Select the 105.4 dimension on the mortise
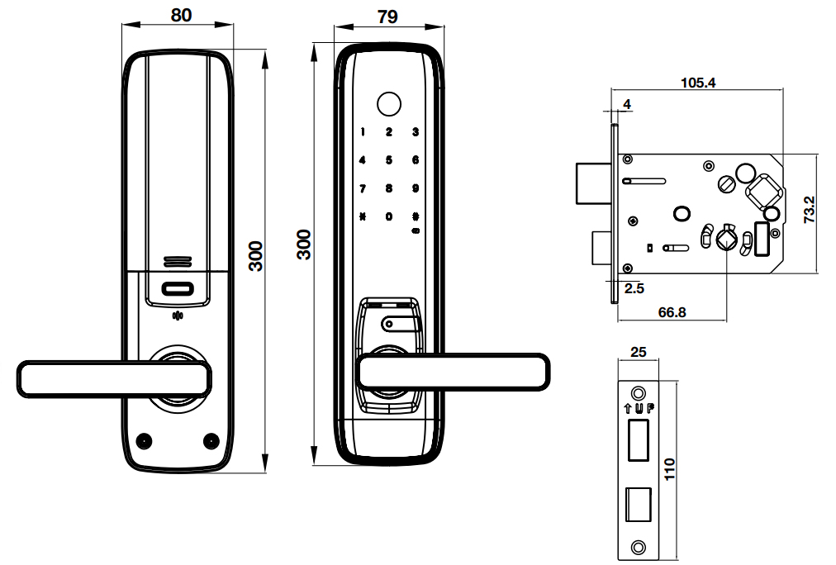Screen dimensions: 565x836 [x=697, y=83]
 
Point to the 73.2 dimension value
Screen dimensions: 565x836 [x=810, y=211]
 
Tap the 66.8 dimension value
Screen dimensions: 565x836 [x=672, y=311]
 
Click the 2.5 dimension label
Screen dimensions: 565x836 [x=634, y=288]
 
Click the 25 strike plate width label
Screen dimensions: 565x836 [x=638, y=352]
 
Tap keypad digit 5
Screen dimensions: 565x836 [x=388, y=160]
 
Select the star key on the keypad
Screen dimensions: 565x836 [x=362, y=217]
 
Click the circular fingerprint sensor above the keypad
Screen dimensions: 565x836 [x=387, y=105]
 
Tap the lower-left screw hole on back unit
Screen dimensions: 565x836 [x=145, y=440]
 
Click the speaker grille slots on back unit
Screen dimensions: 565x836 [x=178, y=262]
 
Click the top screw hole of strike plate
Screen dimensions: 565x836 [x=638, y=393]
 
